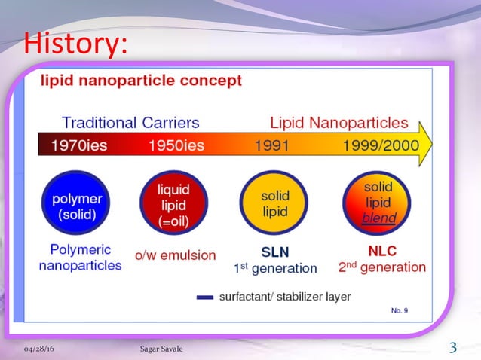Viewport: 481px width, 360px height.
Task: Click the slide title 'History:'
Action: click(73, 43)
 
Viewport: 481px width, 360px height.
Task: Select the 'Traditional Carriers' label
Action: click(130, 122)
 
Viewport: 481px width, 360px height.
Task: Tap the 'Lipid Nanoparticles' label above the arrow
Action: click(339, 122)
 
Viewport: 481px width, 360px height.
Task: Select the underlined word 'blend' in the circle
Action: click(378, 218)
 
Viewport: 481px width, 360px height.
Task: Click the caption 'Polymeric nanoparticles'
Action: click(80, 257)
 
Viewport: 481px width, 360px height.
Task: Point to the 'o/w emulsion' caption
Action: click(175, 255)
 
